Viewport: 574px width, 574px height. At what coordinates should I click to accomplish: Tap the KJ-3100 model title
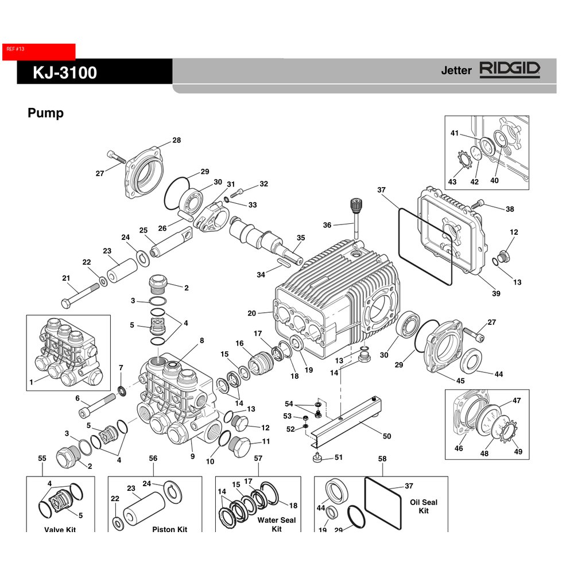(65, 73)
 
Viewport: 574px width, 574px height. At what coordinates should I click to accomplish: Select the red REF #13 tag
(39, 51)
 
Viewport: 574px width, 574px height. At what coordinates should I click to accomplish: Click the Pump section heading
(45, 113)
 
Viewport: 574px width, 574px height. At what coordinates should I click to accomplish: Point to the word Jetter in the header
(456, 71)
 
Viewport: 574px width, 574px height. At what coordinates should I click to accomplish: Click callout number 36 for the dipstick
(327, 225)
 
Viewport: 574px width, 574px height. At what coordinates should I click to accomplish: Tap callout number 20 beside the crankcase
(251, 313)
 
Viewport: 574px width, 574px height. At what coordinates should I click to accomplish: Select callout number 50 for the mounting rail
(387, 436)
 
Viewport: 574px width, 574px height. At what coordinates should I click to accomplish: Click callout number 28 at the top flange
(176, 141)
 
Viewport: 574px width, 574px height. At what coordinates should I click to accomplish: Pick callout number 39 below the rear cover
(496, 294)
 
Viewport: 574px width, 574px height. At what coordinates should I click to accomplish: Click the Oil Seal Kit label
(424, 506)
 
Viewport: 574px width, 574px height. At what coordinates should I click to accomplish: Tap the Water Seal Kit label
(277, 524)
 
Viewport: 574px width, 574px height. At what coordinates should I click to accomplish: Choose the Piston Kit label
(169, 529)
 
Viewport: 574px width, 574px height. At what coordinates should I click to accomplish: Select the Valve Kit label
(60, 529)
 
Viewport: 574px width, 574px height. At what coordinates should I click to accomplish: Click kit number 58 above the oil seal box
(382, 459)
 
